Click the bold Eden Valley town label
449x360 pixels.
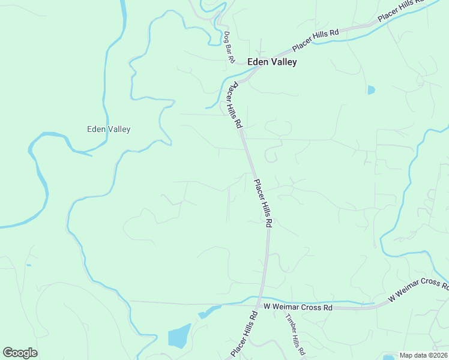[272, 62]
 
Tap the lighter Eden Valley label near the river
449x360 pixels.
[109, 129]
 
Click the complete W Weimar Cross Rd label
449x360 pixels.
[298, 307]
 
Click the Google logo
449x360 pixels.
[20, 353]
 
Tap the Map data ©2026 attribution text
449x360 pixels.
[423, 355]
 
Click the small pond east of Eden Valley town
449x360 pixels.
[371, 90]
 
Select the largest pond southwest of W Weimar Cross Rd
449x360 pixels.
[179, 337]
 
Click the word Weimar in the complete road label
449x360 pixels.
[291, 307]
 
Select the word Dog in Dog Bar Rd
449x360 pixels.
[226, 37]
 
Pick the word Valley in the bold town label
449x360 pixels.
[283, 62]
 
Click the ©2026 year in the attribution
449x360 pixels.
[436, 355]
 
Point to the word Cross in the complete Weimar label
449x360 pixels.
[314, 307]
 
